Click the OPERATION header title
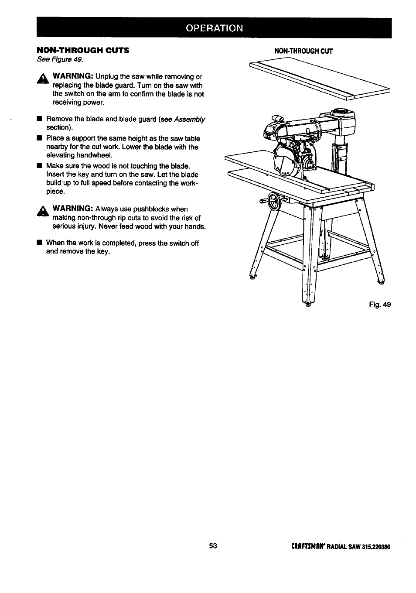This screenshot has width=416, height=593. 214,28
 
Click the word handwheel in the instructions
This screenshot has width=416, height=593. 94,155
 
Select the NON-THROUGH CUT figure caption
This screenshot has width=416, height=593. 303,51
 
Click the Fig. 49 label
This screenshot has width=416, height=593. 380,305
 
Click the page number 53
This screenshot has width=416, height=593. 213,546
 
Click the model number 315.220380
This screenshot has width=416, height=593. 376,547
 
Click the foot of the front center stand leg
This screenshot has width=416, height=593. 309,304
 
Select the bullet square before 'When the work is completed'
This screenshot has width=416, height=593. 39,243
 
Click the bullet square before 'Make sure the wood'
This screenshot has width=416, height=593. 39,166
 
